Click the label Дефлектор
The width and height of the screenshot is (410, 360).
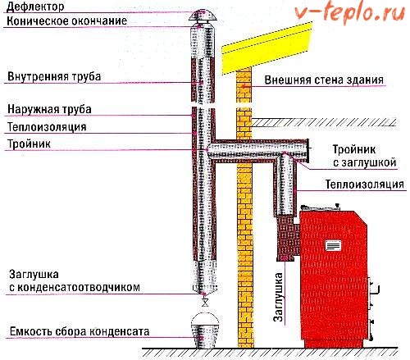tap(35, 7)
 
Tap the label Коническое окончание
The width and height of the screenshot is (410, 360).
tap(67, 21)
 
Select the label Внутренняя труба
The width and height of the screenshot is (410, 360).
tap(54, 76)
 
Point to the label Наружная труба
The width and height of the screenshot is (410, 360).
tap(49, 109)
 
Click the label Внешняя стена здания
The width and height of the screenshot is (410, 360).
tap(324, 80)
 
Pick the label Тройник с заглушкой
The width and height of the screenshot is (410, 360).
tap(365, 156)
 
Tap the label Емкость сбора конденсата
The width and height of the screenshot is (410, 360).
tap(80, 331)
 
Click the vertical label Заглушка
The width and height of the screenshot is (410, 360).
tap(278, 297)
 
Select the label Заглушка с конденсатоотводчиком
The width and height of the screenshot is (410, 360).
tap(75, 280)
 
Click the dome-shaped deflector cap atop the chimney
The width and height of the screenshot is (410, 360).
tap(203, 16)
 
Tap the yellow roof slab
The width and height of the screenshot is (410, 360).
tap(266, 48)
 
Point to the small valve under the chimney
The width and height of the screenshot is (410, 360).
tap(204, 302)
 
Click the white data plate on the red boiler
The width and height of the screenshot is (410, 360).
tap(333, 245)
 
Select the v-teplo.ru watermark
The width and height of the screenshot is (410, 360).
tap(349, 12)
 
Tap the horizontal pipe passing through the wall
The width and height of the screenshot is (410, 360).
tap(258, 150)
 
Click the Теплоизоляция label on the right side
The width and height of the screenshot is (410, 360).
tap(365, 185)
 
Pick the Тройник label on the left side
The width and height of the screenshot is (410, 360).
tap(29, 144)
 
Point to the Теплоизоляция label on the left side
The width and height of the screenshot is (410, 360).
tap(47, 127)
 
